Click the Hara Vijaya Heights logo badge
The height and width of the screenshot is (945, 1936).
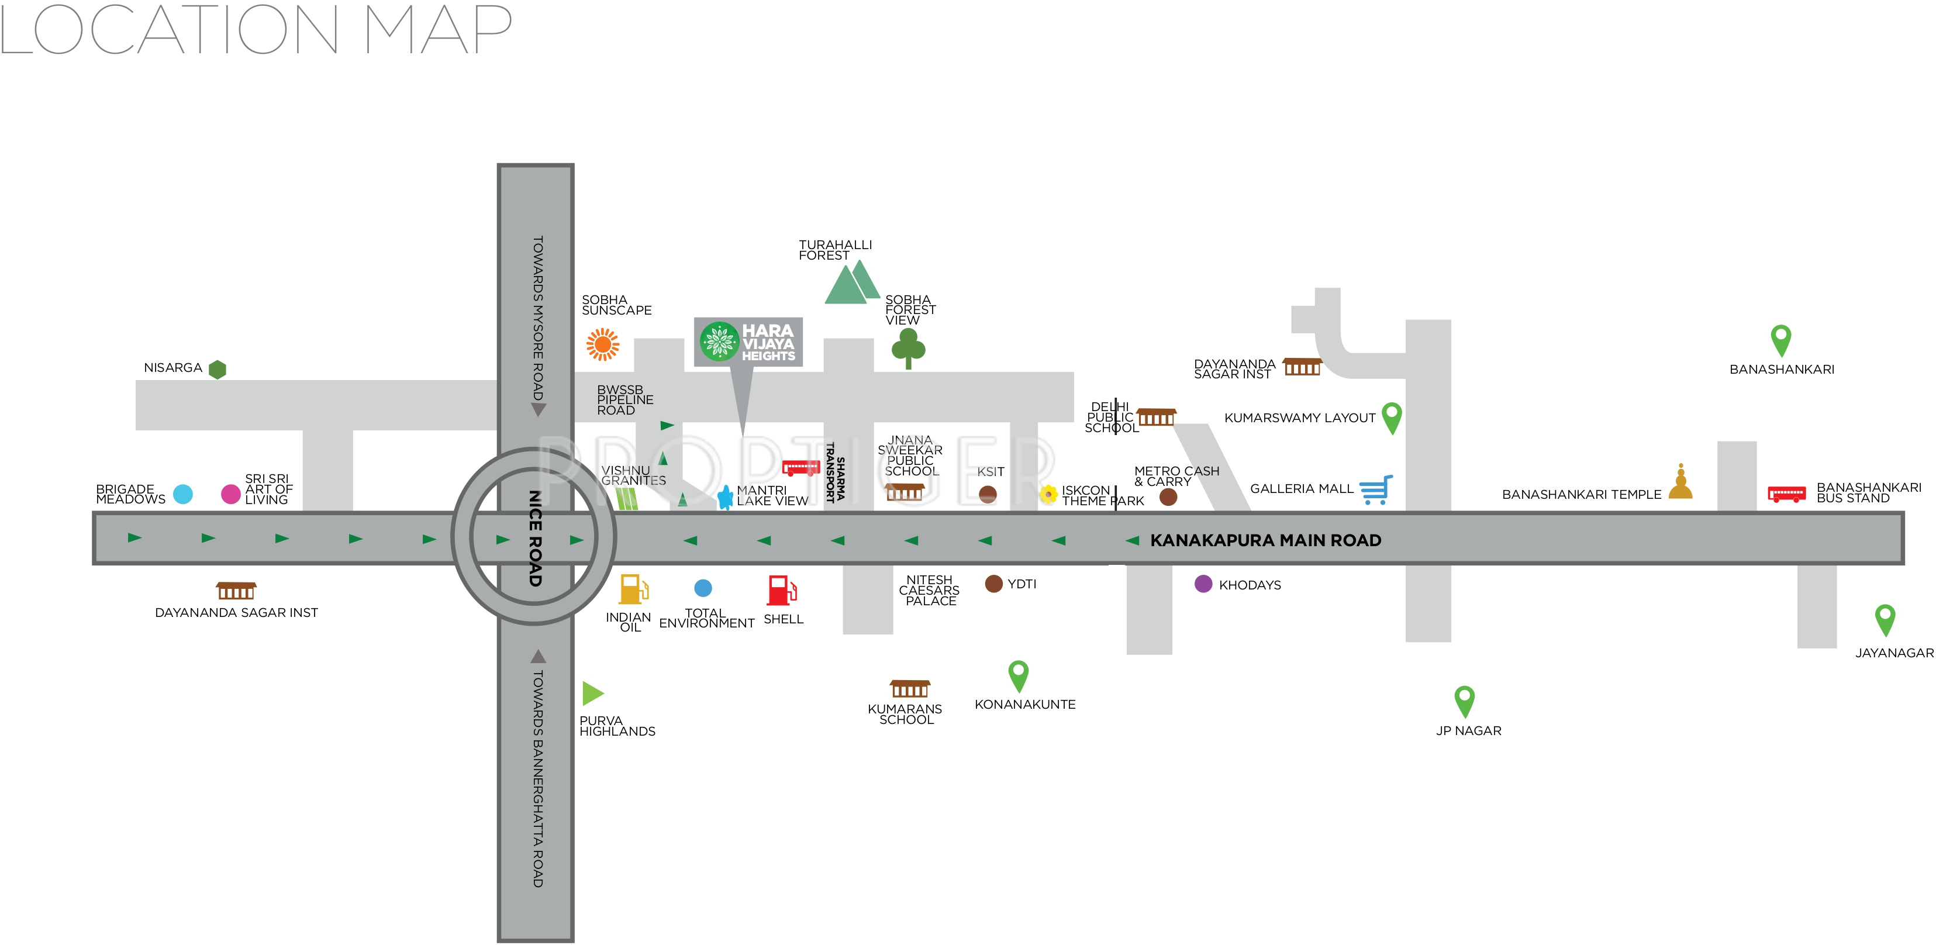point(748,342)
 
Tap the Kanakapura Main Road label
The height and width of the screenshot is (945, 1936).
point(1265,540)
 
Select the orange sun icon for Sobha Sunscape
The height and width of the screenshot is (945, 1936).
point(602,344)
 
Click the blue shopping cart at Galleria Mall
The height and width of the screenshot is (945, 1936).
point(1376,489)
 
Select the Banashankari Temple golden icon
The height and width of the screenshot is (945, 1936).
point(1680,482)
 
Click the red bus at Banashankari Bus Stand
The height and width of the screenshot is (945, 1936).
point(1786,494)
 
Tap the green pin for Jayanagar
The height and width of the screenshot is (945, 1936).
point(1885,619)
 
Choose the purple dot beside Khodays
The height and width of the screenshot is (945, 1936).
point(1203,584)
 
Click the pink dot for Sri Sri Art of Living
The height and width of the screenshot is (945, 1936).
point(231,494)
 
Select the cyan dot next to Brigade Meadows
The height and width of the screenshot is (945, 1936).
point(182,494)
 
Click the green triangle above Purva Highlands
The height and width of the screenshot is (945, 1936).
point(592,693)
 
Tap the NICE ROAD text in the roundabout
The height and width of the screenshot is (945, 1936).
point(535,538)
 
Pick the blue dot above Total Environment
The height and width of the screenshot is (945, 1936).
point(703,588)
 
